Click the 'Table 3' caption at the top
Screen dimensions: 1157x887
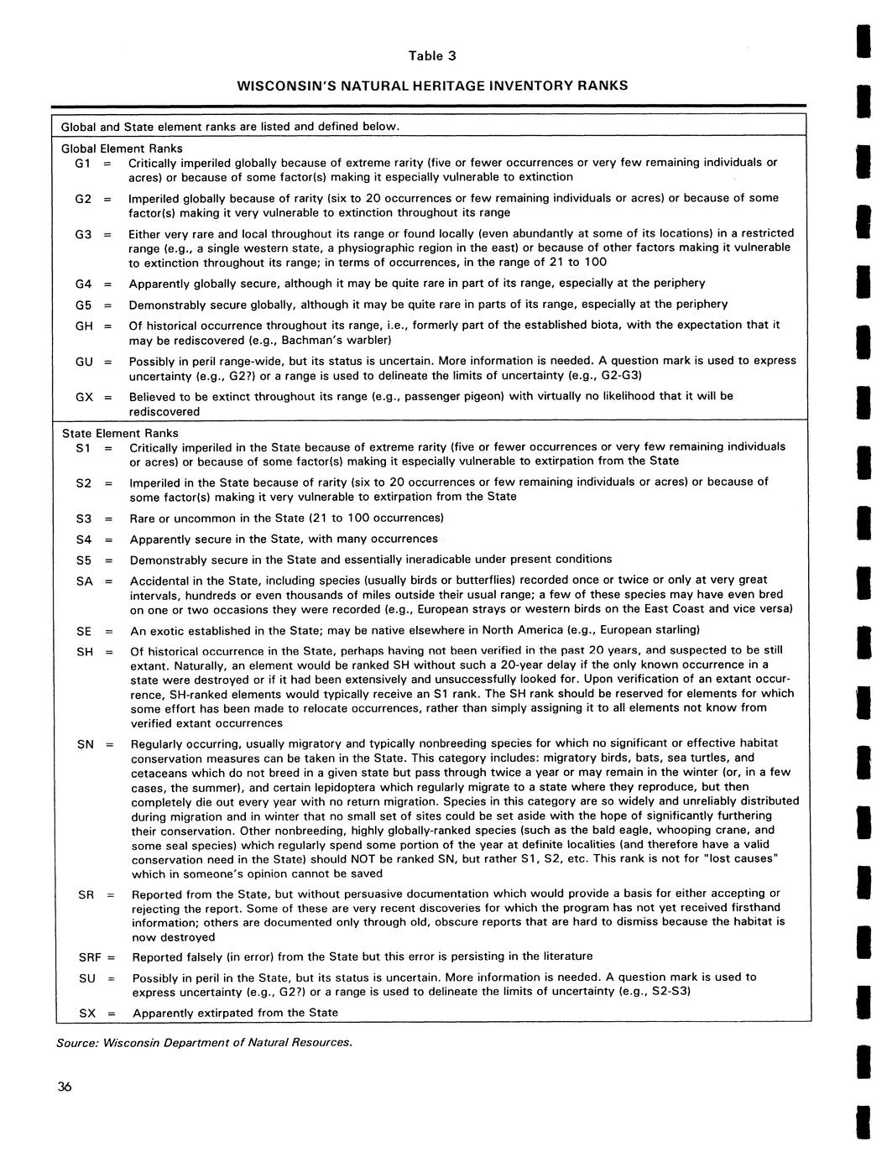pos(432,57)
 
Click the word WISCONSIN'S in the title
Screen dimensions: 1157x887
pos(280,86)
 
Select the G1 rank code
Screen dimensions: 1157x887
pos(82,163)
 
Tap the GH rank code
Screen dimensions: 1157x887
pos(83,326)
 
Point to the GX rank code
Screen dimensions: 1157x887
pos(83,396)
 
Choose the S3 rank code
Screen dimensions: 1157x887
pos(84,519)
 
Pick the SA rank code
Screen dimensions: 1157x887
pos(84,581)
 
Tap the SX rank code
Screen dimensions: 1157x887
pos(87,1013)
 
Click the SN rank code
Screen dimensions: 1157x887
pos(85,743)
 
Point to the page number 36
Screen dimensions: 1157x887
pos(65,1087)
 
